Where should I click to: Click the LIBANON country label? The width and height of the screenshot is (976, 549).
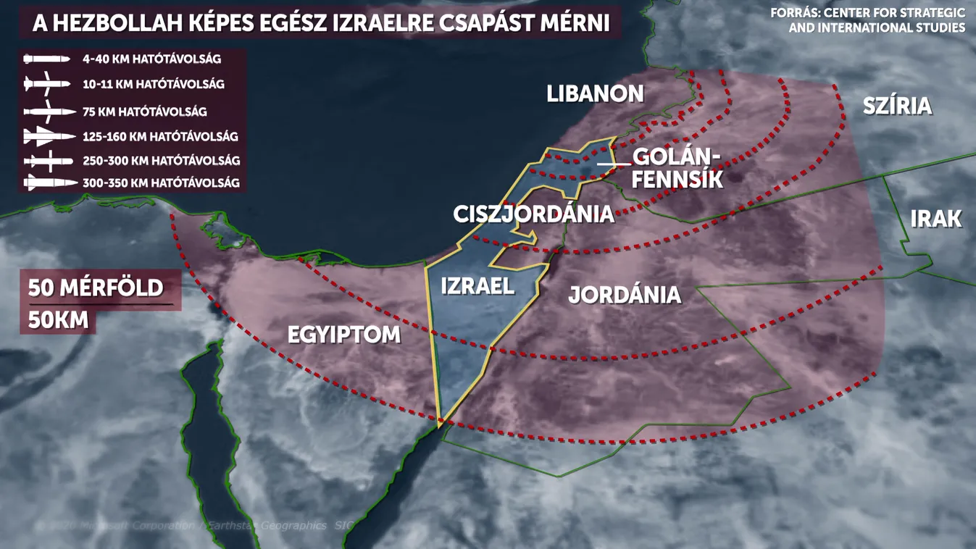[x=595, y=93]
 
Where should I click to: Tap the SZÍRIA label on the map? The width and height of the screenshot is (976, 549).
[x=897, y=106]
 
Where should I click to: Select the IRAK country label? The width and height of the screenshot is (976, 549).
[x=935, y=219]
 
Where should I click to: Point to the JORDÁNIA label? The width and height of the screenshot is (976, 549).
[x=625, y=295]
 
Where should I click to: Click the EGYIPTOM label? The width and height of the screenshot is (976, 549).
[x=344, y=335]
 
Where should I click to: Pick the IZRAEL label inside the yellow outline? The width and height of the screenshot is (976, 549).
[x=477, y=285]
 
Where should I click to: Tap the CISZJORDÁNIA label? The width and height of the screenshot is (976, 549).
[x=533, y=214]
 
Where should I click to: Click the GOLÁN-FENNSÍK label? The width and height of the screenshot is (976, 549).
[x=677, y=168]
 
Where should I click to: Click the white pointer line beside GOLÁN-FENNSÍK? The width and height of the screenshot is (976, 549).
[x=614, y=164]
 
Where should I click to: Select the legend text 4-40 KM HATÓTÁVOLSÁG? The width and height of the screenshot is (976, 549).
[x=151, y=59]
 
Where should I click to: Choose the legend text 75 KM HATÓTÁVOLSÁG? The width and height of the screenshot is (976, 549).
[x=144, y=112]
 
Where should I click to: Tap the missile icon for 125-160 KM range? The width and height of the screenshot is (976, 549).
[x=49, y=136]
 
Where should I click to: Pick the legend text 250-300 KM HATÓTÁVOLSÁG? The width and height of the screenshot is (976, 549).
[x=160, y=161]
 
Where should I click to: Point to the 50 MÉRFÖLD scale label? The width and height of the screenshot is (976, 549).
[x=96, y=288]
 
